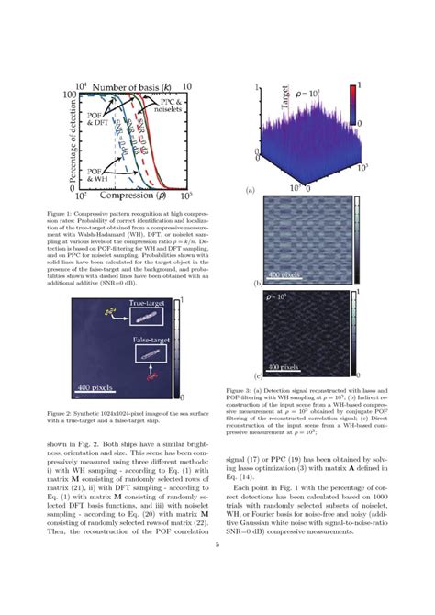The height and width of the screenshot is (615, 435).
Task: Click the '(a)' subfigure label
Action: click(248, 192)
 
